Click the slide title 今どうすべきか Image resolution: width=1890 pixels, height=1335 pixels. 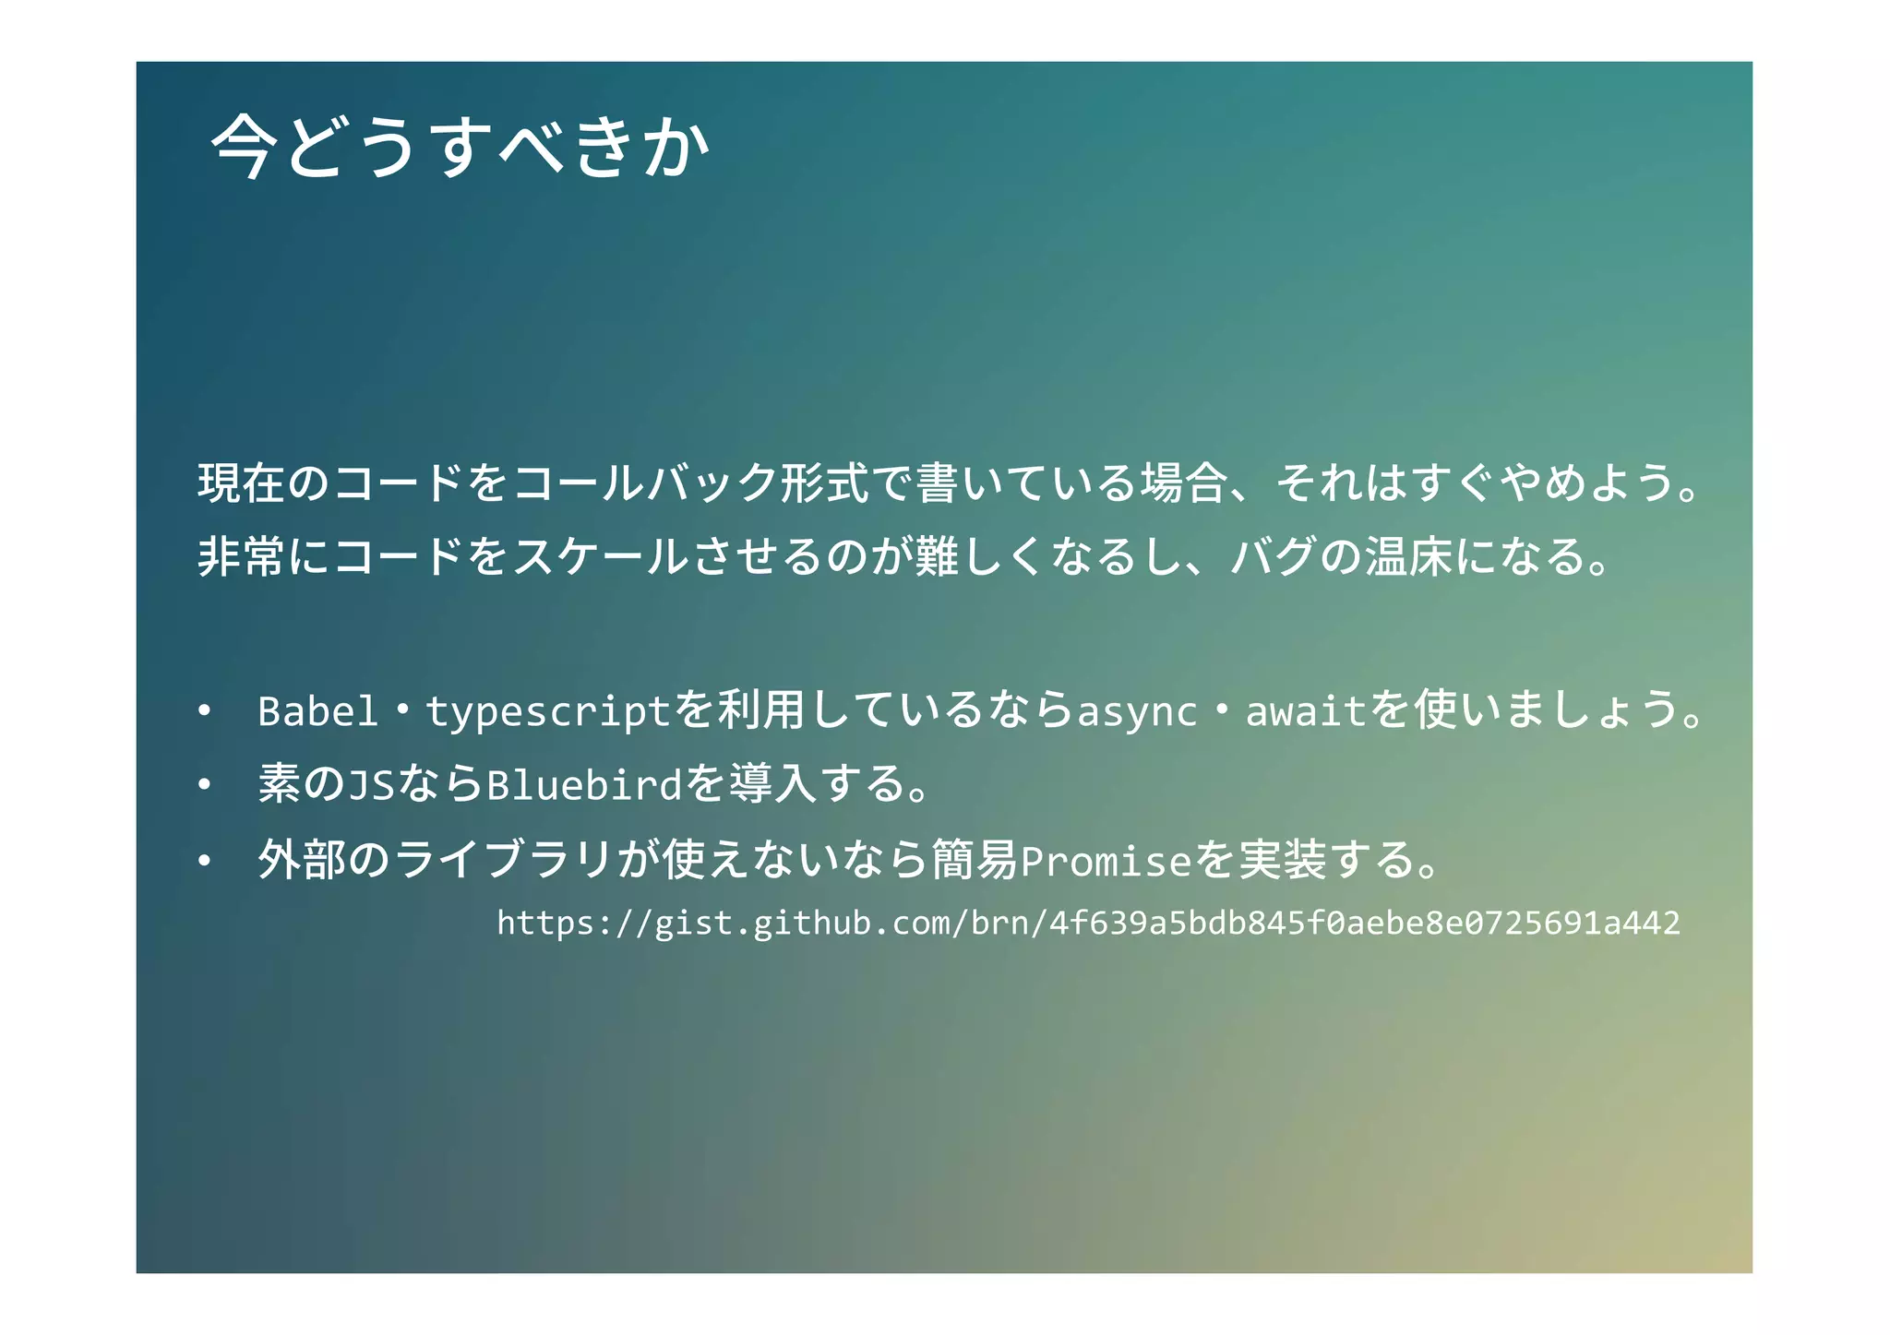tap(460, 147)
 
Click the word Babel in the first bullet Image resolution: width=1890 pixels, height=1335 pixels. tap(317, 710)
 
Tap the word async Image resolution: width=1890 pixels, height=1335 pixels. tap(1136, 710)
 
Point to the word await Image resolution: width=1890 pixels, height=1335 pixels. tap(1304, 710)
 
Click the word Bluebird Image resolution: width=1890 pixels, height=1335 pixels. tap(583, 785)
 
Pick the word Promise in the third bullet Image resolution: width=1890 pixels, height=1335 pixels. tap(1106, 861)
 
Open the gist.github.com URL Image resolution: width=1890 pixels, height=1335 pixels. tap(1088, 923)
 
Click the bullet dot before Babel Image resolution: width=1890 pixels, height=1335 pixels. tap(204, 710)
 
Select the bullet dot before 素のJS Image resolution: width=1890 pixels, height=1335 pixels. tap(204, 785)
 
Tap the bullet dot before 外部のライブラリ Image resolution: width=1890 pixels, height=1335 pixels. tap(204, 861)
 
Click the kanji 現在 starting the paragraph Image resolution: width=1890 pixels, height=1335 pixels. tap(242, 483)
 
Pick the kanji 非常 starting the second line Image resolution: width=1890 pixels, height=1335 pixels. tap(242, 556)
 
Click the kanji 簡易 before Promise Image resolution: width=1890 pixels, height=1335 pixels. tap(974, 860)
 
